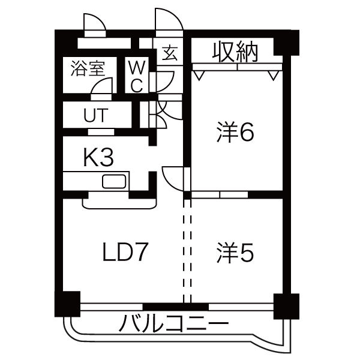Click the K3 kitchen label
(x=98, y=158)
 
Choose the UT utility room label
(x=96, y=115)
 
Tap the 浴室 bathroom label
(x=88, y=68)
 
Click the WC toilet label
(x=136, y=75)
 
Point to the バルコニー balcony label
(x=174, y=325)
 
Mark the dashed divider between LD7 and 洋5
(x=187, y=249)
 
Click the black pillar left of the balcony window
(x=68, y=302)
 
